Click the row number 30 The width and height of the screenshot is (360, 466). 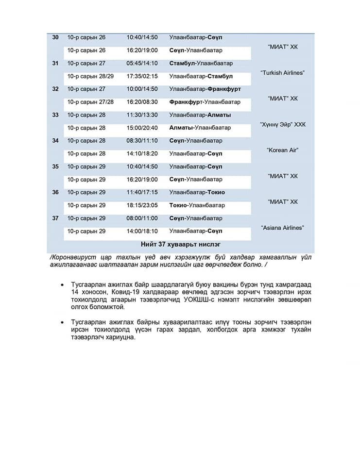click(55, 37)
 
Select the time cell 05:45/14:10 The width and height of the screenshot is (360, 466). click(142, 63)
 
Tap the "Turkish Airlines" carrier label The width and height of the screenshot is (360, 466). click(282, 73)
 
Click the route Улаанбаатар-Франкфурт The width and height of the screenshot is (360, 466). click(205, 89)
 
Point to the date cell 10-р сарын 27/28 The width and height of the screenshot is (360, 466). click(90, 102)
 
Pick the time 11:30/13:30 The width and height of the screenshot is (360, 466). click(142, 115)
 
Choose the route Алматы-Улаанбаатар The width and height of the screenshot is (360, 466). click(200, 128)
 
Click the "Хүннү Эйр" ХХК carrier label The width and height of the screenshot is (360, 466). click(282, 125)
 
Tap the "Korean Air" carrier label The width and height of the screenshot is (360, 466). click(282, 150)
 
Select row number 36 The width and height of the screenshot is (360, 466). click(55, 192)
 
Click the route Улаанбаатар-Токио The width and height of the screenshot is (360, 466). click(197, 192)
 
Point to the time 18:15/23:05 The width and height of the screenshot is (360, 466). click(142, 205)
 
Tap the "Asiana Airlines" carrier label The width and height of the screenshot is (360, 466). click(282, 228)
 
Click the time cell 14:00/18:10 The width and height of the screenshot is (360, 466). click(142, 231)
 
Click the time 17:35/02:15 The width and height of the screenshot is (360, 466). click(142, 76)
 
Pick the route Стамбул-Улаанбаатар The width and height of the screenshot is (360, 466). click(201, 63)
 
